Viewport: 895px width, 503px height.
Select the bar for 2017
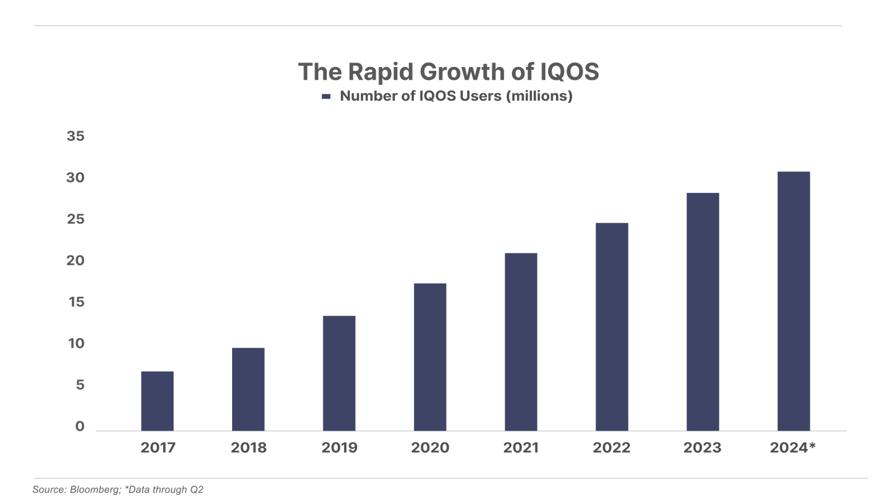[x=157, y=401]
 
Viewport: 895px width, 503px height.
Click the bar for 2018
[x=248, y=389]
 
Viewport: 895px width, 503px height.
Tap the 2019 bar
[x=339, y=373]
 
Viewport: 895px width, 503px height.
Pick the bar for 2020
[x=430, y=357]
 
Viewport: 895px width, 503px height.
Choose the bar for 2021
[x=521, y=341]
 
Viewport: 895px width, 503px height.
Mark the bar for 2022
[x=612, y=326]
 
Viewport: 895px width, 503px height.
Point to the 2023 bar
[x=703, y=312]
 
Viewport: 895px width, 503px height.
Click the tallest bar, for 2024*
[x=794, y=301]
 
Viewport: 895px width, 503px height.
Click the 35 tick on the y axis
[x=76, y=136]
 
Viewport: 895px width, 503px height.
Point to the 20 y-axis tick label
[x=76, y=261]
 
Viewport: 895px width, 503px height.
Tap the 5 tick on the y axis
[x=80, y=386]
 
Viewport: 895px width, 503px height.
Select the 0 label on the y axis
[x=80, y=427]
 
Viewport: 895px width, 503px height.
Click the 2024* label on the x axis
[x=793, y=448]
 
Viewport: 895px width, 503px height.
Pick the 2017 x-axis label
[x=158, y=448]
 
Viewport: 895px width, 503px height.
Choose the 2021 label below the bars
[x=521, y=448]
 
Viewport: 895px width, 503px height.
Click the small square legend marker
[x=326, y=97]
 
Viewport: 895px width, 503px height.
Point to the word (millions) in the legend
[x=539, y=96]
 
